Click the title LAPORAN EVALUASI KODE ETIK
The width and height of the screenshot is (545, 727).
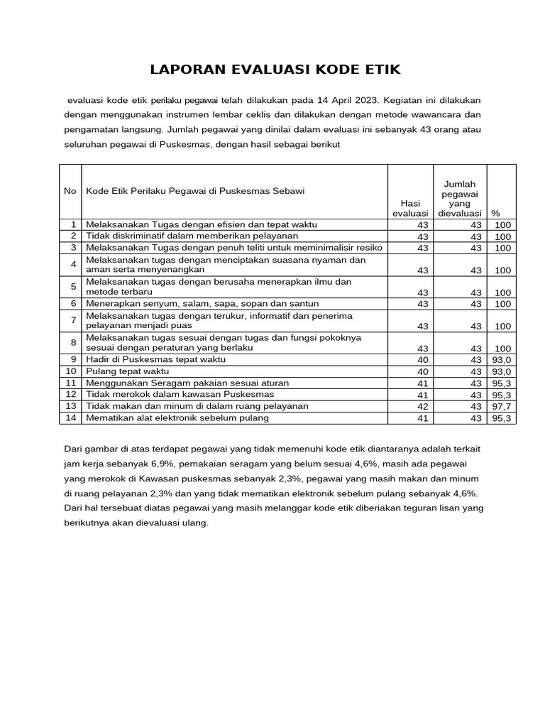click(x=275, y=69)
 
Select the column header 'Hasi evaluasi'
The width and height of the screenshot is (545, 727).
click(x=410, y=208)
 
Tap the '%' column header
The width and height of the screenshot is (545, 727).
click(x=495, y=213)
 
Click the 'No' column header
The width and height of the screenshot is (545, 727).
click(x=70, y=191)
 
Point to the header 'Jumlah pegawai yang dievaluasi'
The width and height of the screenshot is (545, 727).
click(x=460, y=198)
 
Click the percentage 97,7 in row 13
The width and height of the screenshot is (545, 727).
click(x=501, y=406)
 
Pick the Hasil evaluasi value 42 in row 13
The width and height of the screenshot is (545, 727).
click(x=423, y=406)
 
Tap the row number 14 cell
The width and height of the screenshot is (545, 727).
click(x=70, y=417)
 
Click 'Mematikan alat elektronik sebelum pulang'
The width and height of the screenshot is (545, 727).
click(x=177, y=417)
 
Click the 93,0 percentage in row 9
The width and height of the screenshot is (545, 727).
click(x=501, y=361)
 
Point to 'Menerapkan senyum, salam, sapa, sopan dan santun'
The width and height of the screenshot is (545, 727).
click(x=192, y=303)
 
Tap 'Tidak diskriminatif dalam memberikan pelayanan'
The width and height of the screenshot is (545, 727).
click(x=192, y=236)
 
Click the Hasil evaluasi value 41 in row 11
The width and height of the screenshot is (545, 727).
click(x=423, y=383)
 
